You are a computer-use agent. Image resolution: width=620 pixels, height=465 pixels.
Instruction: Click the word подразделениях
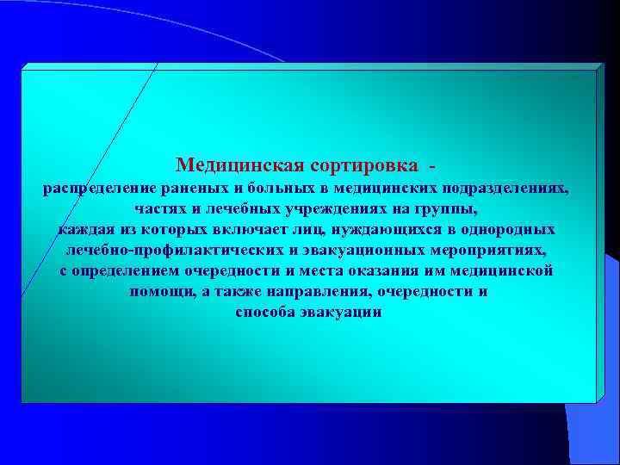tap(504, 188)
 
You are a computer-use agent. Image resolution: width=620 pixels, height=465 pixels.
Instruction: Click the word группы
tap(446, 209)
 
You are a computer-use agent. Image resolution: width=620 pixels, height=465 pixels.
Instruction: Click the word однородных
tap(508, 230)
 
